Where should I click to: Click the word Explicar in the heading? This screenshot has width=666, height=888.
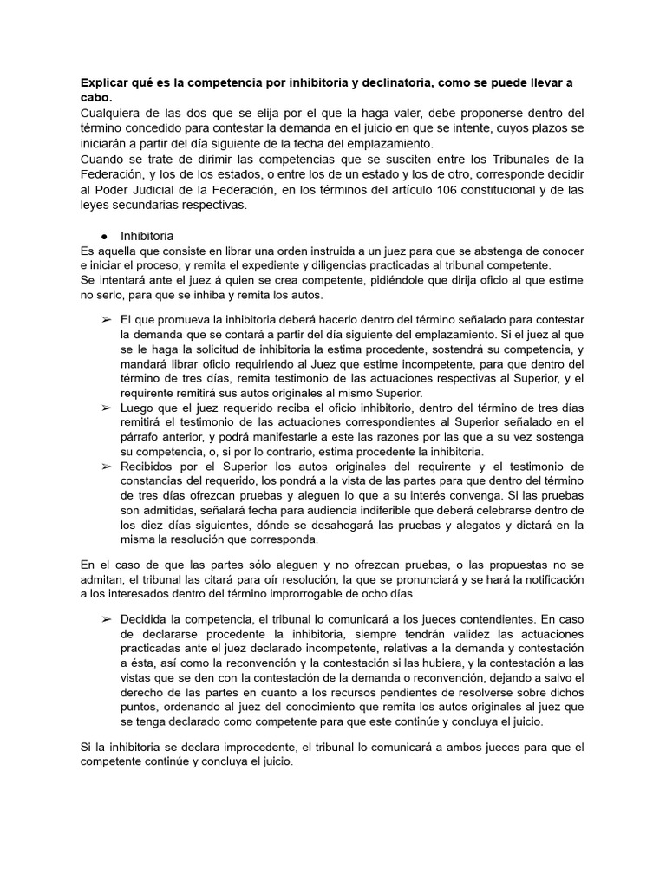[102, 82]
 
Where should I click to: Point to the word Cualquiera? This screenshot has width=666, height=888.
[110, 113]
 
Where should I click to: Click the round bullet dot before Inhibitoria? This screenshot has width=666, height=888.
[104, 236]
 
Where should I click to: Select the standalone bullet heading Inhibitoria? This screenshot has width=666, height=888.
[147, 236]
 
